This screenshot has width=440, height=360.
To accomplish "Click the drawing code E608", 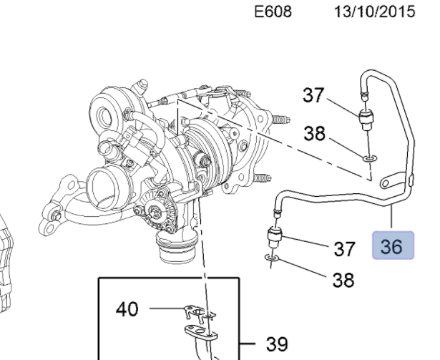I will pyautogui.click(x=273, y=14).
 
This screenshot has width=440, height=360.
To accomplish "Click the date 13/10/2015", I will pyautogui.click(x=373, y=14).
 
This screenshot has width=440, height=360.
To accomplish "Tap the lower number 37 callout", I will pyautogui.click(x=345, y=248).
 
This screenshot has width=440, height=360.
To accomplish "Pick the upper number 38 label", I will pyautogui.click(x=314, y=134).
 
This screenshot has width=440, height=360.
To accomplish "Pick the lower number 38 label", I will pyautogui.click(x=343, y=280).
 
